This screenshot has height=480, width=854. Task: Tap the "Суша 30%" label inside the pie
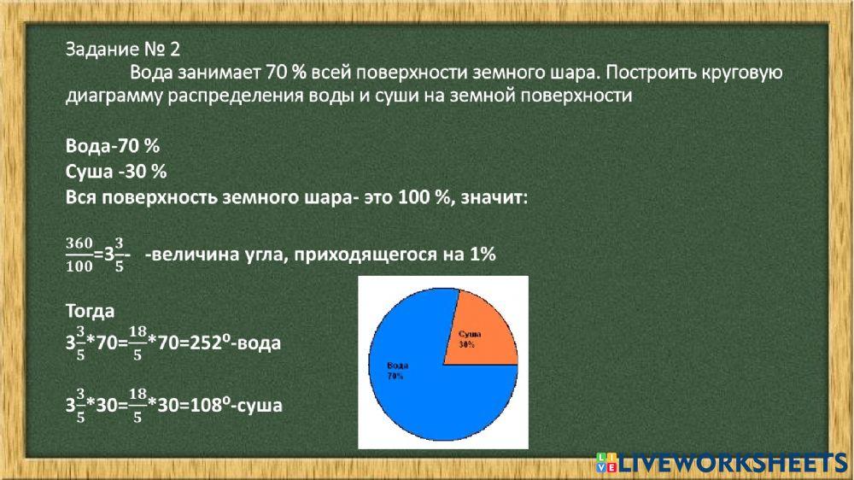(467, 339)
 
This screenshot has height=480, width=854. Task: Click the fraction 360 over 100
(79, 255)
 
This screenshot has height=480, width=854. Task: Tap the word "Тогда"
(90, 310)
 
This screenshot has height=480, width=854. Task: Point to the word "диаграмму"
(112, 96)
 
